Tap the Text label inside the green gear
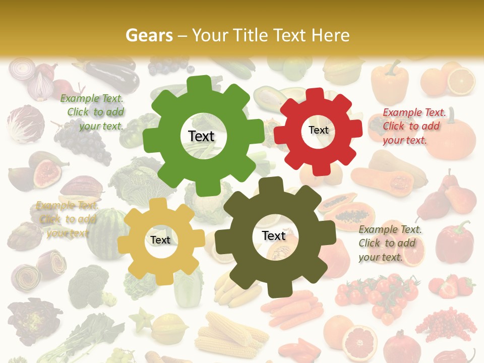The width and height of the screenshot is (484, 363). click(201, 136)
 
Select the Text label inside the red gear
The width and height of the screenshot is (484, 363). click(318, 130)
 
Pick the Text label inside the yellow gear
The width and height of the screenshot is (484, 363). click(160, 240)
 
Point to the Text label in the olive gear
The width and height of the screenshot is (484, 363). click(274, 235)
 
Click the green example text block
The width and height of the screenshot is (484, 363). click(93, 112)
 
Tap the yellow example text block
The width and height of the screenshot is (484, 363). click(67, 219)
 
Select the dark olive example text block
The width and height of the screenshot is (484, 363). click(390, 243)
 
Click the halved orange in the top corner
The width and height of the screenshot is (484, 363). click(461, 81)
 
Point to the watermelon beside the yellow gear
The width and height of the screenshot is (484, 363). click(103, 234)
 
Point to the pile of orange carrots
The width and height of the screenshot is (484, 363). click(292, 308)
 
